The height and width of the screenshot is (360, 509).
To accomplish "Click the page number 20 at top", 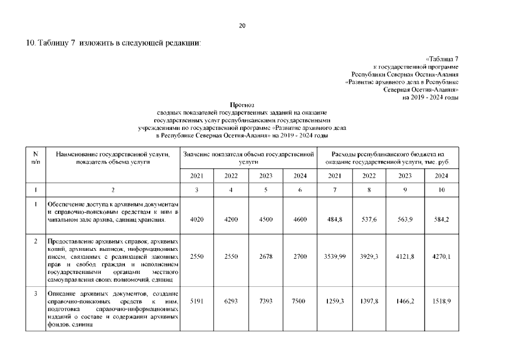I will tap(242, 26).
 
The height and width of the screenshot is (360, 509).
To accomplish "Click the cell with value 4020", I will tap(196, 219).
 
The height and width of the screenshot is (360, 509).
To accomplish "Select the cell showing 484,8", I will tap(335, 219).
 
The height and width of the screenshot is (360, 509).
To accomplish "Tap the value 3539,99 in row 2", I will tap(335, 256).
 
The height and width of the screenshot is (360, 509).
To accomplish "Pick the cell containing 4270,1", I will tap(440, 256).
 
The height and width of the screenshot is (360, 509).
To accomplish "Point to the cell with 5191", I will tap(196, 301).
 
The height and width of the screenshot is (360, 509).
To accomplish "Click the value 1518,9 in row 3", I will tap(440, 301).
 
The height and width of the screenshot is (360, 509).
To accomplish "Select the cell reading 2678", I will tap(265, 256).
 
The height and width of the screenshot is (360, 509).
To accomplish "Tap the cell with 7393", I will tap(265, 301).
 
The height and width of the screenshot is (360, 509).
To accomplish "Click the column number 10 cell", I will tap(441, 190).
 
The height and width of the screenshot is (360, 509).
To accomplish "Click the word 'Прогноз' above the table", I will tap(242, 105).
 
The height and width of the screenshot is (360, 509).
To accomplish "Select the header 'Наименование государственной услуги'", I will tap(112, 154).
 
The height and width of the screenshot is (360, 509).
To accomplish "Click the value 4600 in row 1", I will tap(300, 219).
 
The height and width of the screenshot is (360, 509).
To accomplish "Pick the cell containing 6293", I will tap(231, 301).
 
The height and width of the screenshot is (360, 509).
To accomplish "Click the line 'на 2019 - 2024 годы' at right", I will tap(430, 97).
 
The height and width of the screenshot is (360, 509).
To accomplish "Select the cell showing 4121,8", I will tap(405, 256).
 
